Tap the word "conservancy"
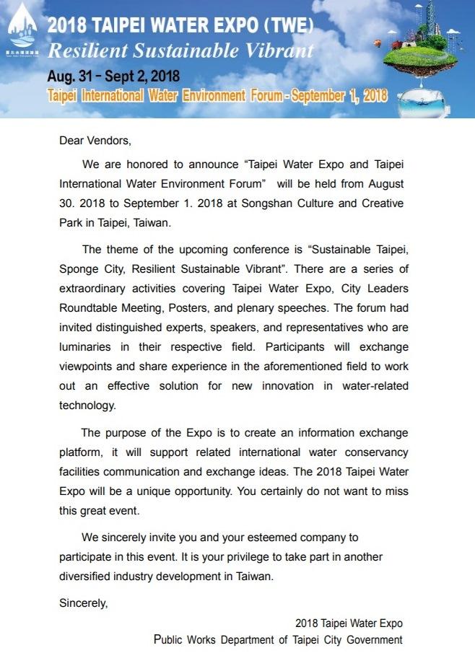tap(372, 452)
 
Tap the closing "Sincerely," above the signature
tap(83, 603)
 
